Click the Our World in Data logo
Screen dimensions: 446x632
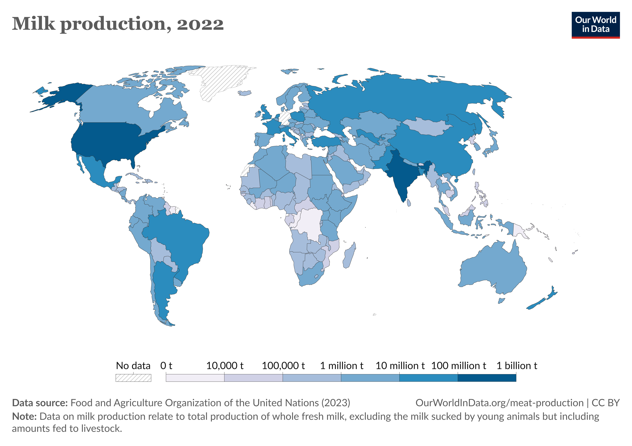click(x=595, y=25)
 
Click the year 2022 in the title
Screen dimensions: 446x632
click(x=200, y=24)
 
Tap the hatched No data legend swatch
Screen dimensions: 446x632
click(x=133, y=378)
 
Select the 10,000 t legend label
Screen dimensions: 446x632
click(x=225, y=366)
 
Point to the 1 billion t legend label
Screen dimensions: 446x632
click(x=516, y=366)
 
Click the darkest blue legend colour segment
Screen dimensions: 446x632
click(x=487, y=378)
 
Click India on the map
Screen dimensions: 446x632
click(x=399, y=176)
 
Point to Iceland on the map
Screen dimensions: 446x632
click(x=245, y=93)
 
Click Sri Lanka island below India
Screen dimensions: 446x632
click(x=409, y=203)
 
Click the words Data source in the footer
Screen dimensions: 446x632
click(x=40, y=403)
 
